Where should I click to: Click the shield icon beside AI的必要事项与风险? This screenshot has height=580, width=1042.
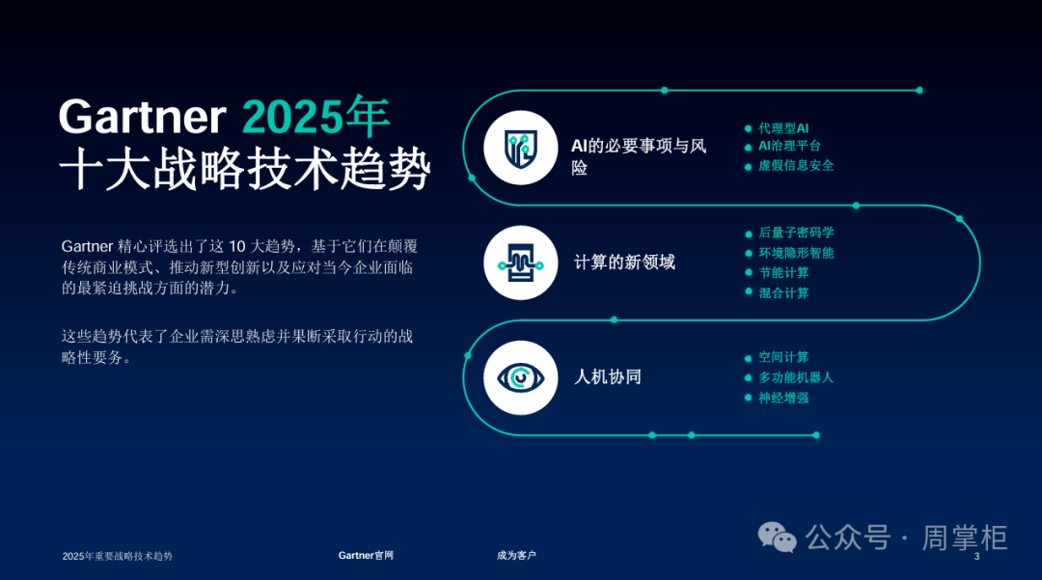520,148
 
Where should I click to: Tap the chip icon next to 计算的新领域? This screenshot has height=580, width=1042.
520,263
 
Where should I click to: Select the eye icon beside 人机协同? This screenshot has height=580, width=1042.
520,378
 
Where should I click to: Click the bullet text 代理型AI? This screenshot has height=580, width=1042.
783,128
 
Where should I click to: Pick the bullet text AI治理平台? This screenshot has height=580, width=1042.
789,146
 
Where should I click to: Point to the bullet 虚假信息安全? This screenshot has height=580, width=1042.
796,165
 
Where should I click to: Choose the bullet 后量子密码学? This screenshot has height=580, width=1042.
796,233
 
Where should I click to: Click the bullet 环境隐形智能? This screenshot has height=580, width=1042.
796,253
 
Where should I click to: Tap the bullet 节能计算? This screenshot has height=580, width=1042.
784,273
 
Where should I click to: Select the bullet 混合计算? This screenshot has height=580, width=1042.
784,293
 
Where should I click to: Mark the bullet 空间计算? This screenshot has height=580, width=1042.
784,357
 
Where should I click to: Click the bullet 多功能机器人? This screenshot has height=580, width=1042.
796,377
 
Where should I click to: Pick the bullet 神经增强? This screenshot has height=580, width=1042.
784,398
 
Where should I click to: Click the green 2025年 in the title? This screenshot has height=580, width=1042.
315,116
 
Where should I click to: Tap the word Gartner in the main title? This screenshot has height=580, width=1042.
143,117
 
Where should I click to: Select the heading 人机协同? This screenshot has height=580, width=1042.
608,377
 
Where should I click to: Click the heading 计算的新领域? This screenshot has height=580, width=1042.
624,262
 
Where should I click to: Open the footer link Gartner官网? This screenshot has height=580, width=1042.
366,556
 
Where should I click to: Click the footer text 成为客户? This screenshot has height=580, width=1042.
516,556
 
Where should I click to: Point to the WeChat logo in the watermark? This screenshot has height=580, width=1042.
777,537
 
